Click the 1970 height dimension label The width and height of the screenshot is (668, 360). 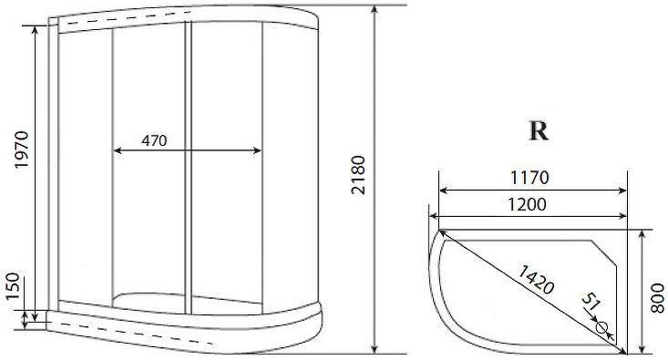21,149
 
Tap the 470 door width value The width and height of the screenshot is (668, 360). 154,140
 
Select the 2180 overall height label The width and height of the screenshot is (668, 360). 359,175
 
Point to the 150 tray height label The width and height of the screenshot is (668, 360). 13,286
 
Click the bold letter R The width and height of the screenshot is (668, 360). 539,131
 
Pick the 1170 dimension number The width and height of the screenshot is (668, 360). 530,177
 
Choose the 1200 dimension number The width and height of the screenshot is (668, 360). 527,205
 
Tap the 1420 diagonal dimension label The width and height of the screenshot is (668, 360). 535,280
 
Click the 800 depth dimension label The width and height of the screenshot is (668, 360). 657,298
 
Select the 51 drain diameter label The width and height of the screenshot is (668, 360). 591,302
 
